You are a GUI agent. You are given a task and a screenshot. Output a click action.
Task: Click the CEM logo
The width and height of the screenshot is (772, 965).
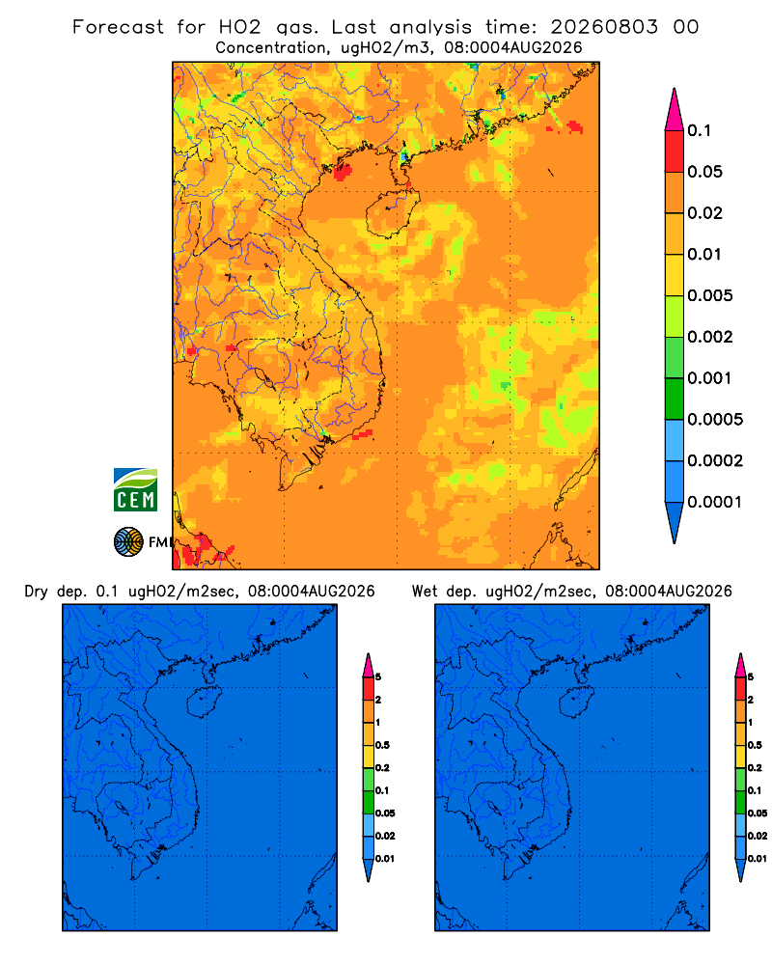(x=135, y=490)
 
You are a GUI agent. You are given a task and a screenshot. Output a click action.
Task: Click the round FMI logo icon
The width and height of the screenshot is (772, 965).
(x=128, y=541)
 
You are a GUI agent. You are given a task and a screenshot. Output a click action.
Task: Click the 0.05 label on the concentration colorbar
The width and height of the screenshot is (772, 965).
(x=704, y=172)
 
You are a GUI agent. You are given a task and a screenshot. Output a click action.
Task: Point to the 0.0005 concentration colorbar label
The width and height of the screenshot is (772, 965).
(x=715, y=420)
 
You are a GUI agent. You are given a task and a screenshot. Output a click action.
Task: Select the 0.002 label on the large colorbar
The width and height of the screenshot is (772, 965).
(x=710, y=337)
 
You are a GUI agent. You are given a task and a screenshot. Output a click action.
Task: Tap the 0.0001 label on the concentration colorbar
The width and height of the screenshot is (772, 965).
(x=715, y=502)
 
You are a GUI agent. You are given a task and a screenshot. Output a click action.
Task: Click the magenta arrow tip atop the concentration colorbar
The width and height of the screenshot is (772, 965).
(x=675, y=109)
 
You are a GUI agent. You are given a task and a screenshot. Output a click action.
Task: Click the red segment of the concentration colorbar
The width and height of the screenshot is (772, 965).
(x=675, y=152)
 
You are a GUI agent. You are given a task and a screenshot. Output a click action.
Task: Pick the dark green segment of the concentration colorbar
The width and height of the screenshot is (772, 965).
(x=675, y=399)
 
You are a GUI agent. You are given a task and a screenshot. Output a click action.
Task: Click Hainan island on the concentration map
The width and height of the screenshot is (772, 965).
(x=392, y=213)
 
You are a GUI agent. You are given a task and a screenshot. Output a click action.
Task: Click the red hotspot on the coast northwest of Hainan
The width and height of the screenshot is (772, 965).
(x=343, y=172)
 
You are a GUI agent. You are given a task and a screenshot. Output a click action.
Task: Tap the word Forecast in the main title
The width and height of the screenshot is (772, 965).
(x=118, y=27)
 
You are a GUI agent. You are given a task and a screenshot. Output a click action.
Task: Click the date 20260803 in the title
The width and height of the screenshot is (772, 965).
(x=604, y=27)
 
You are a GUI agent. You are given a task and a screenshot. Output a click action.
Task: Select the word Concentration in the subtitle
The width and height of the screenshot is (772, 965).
(x=271, y=48)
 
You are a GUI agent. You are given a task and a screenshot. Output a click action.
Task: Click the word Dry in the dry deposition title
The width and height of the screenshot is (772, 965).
(x=36, y=592)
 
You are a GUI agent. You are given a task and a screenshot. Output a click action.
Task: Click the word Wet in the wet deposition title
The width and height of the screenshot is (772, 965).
(x=425, y=592)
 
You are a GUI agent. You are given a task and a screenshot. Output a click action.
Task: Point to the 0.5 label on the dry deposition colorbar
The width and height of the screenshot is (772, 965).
(x=382, y=745)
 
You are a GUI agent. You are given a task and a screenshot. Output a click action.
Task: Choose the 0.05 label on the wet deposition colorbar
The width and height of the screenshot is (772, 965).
(x=758, y=813)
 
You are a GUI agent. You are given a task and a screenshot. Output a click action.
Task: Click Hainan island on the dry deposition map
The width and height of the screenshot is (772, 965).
(x=205, y=703)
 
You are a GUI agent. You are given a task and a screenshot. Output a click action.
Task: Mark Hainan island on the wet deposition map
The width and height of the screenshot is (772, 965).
(x=577, y=703)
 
